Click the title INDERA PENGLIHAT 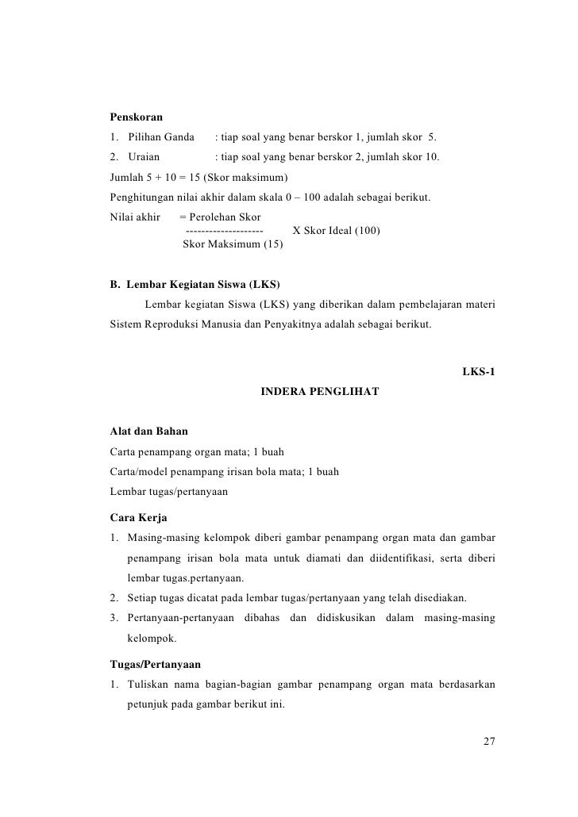(x=319, y=391)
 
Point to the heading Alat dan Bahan (x=149, y=432)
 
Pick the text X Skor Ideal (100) (x=336, y=231)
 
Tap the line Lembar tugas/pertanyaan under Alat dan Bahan (x=169, y=492)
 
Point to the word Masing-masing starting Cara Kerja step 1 (x=164, y=539)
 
